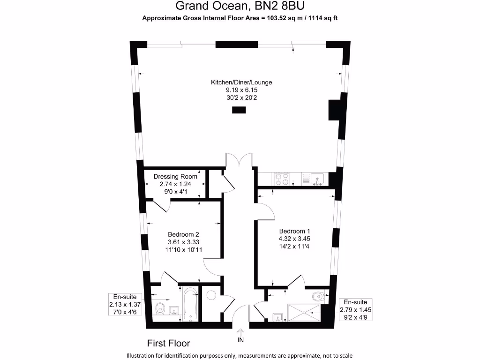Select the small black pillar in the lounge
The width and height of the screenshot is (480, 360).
239,110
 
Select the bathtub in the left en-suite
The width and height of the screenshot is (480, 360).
189,304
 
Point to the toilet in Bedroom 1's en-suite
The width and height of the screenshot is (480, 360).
318,296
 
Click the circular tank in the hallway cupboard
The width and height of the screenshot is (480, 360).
211,295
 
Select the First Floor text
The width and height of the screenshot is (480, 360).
169,343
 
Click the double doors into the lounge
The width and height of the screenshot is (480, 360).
239,160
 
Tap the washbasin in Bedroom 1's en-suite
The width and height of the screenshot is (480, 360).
278,317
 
